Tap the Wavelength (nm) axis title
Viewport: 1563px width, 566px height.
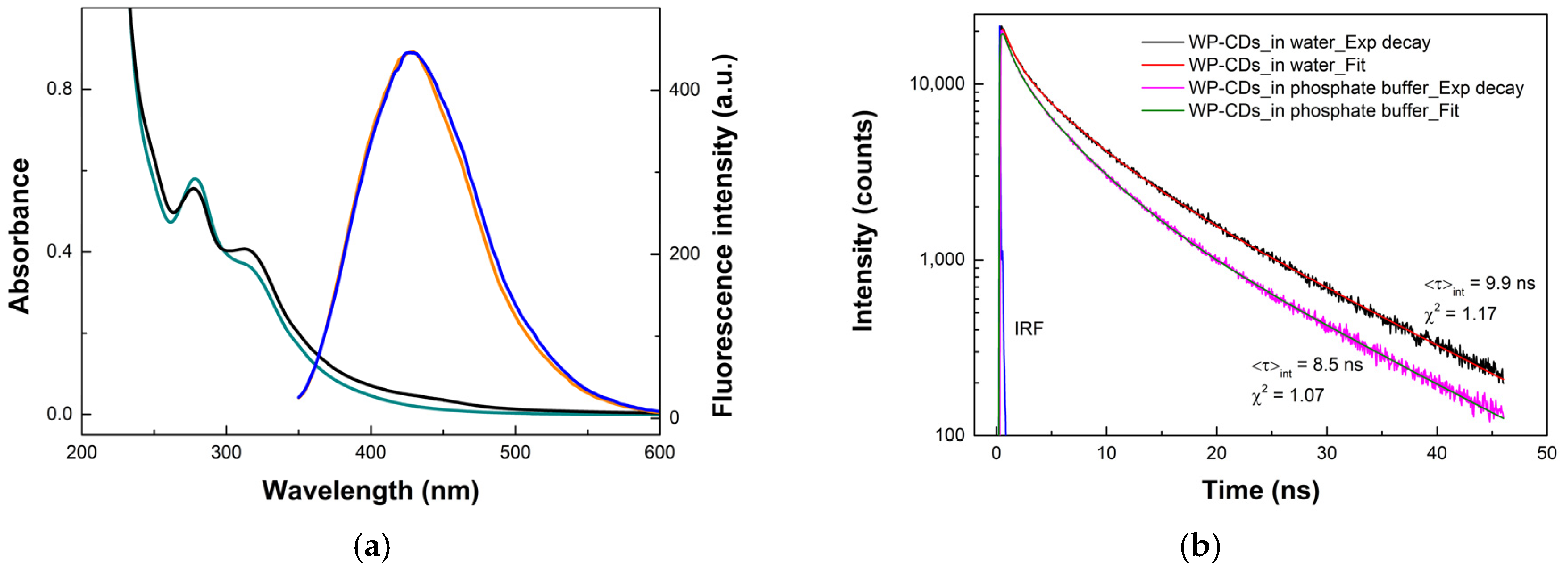pos(370,490)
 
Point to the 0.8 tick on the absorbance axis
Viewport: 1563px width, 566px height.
pos(59,89)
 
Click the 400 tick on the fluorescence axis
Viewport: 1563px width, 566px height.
pos(684,89)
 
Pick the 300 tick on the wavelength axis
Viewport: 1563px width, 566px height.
pos(226,453)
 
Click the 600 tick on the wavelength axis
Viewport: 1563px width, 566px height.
pos(659,453)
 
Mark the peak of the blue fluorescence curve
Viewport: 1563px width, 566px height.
pos(413,53)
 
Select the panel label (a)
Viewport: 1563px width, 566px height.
pos(371,547)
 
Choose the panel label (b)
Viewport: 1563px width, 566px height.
pos(1200,547)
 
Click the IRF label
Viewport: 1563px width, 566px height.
pos(1029,329)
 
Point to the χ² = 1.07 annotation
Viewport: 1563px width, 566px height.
pos(1287,395)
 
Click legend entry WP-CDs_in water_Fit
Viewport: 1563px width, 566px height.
pos(1277,65)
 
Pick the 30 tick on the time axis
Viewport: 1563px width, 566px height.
pos(1326,453)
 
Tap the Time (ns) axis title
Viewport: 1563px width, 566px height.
pos(1260,490)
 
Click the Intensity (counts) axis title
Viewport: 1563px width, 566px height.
pos(863,221)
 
